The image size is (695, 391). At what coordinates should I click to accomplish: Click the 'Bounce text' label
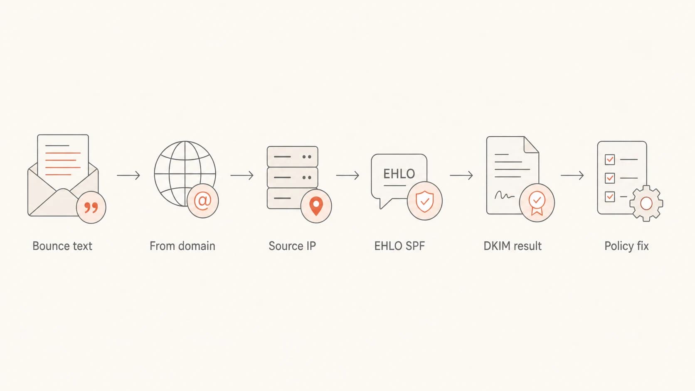[x=62, y=246]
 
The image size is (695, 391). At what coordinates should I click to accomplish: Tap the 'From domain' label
[x=182, y=246]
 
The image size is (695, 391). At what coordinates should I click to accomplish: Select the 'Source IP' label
[x=292, y=246]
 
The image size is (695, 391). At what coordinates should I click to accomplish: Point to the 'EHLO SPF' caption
[x=399, y=246]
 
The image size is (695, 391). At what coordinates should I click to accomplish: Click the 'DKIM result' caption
[x=513, y=246]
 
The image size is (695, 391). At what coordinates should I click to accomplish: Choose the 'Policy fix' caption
[x=626, y=246]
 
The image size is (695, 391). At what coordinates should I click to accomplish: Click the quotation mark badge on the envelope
[x=91, y=207]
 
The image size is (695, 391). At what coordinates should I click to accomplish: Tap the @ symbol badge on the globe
[x=203, y=201]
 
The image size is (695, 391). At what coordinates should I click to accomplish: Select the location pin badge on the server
[x=316, y=206]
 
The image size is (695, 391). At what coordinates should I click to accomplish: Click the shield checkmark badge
[x=425, y=201]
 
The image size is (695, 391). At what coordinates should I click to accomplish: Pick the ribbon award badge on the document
[x=537, y=203]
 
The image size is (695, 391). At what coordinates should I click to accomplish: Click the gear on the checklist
[x=646, y=204]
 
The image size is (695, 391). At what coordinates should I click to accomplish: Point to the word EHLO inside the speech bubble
[x=399, y=174]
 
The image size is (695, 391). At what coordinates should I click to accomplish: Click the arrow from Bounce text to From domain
[x=128, y=175]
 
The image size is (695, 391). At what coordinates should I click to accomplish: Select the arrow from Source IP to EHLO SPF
[x=348, y=175]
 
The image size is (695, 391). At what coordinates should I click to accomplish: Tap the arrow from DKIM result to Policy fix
[x=572, y=175]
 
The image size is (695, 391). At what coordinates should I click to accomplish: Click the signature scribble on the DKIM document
[x=504, y=195]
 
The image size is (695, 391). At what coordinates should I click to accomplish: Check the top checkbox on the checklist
[x=610, y=160]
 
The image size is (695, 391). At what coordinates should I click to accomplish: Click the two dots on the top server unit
[x=307, y=157]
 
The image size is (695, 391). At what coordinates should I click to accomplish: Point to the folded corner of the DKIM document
[x=531, y=145]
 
